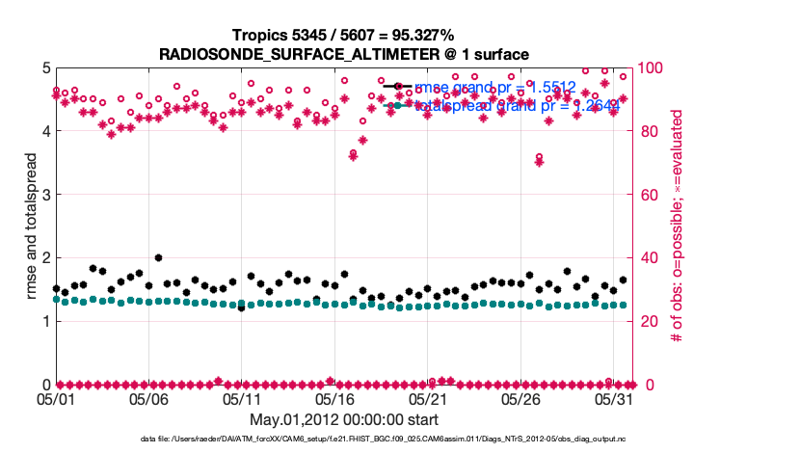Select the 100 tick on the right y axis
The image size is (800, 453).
654,68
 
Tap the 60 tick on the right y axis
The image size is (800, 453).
651,195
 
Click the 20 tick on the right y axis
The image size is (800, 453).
651,321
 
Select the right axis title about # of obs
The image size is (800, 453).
678,226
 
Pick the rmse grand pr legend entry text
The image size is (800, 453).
494,88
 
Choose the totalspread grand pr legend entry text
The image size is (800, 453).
517,106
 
